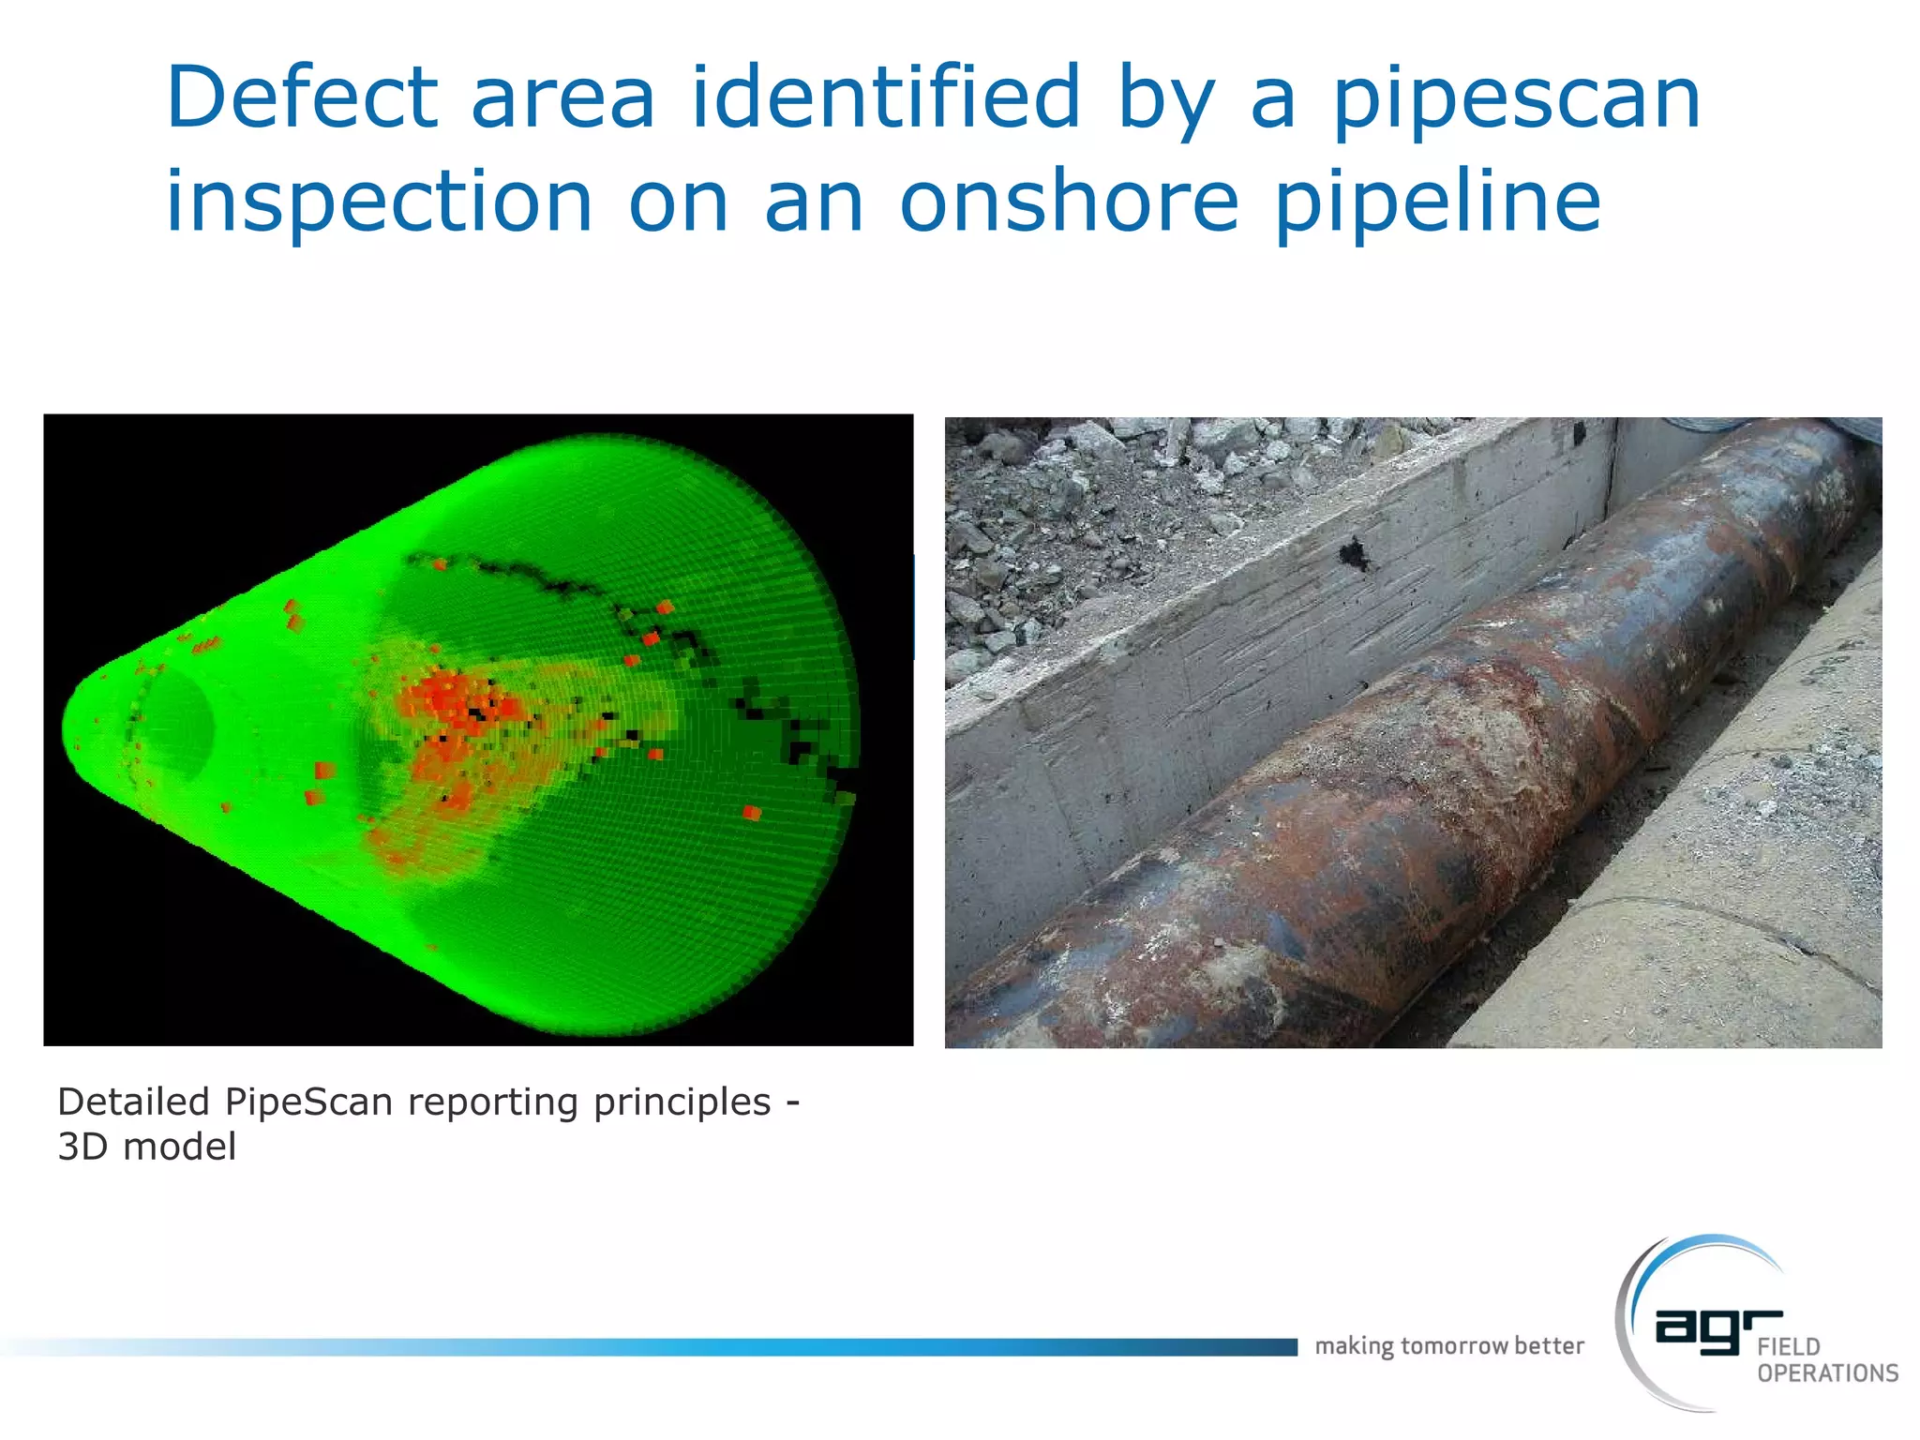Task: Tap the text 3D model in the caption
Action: point(147,1147)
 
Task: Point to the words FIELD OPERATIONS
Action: point(1825,1360)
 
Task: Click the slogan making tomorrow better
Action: point(1448,1346)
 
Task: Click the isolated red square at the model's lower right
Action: point(751,813)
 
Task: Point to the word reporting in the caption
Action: point(493,1102)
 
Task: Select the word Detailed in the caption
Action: point(133,1102)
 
